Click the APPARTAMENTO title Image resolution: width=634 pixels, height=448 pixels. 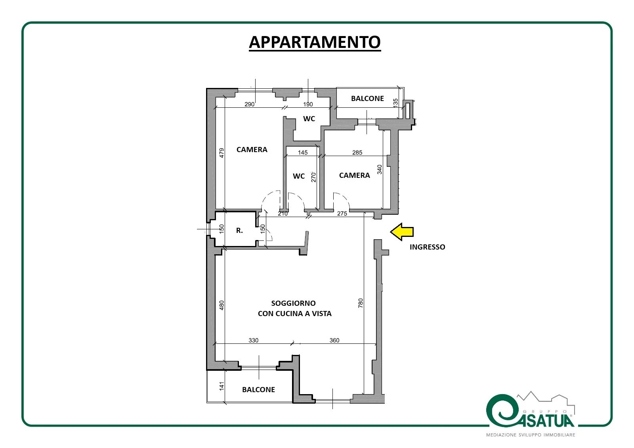315,42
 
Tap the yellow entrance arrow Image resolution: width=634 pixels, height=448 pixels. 402,232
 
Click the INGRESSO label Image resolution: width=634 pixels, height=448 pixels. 428,247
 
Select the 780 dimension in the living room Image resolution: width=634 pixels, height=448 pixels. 360,303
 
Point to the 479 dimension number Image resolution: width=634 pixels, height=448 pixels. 222,153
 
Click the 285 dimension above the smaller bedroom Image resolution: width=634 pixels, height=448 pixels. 357,153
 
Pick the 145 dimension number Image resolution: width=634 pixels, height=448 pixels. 303,153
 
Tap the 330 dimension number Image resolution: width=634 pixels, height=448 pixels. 253,340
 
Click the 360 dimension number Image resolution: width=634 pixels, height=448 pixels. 334,340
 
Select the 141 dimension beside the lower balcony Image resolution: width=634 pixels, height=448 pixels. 222,386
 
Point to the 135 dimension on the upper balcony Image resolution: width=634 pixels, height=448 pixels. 395,102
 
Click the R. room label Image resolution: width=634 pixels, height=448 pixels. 239,231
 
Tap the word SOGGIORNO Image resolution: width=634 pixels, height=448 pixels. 294,303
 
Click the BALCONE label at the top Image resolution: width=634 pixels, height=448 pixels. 367,99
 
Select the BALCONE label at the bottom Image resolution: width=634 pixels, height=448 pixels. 258,390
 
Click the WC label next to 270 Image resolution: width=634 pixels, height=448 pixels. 299,176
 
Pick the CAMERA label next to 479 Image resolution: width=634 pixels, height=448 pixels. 252,150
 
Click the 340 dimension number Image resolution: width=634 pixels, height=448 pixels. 380,170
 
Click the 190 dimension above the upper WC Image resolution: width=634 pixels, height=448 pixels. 308,105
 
